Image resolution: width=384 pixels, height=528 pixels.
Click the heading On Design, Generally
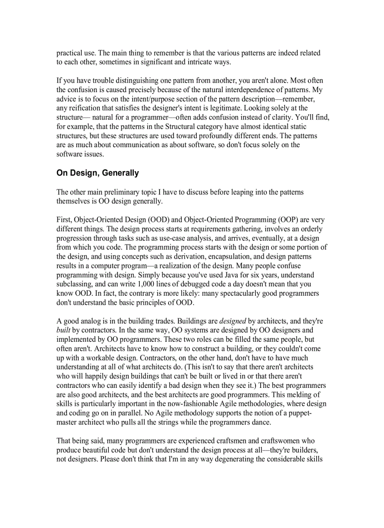(97, 173)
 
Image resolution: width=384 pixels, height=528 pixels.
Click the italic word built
(64, 331)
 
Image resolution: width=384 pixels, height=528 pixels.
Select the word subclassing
(75, 284)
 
